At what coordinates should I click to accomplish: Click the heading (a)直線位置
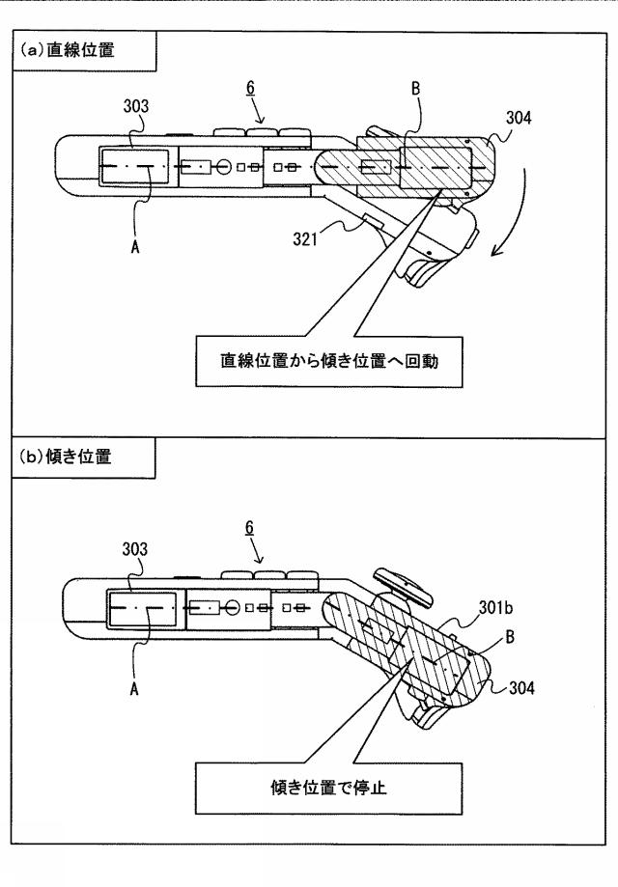[68, 51]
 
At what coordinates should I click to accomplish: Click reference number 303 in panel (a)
[134, 106]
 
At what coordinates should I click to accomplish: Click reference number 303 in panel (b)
[134, 549]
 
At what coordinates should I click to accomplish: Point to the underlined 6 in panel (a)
[249, 88]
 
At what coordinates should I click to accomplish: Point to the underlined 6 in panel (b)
[249, 528]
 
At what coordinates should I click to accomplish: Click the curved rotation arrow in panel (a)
[510, 217]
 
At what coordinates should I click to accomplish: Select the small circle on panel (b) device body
[231, 608]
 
